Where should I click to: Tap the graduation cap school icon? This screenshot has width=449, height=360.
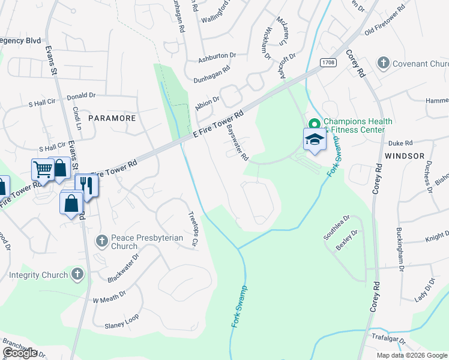[314, 140]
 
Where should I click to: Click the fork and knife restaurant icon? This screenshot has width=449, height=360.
[86, 187]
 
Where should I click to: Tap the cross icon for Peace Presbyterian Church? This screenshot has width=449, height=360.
[101, 241]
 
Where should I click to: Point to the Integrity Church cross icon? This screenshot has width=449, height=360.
[76, 275]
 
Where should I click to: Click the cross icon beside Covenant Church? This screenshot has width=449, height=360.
[382, 63]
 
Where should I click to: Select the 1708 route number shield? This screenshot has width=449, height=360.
[328, 62]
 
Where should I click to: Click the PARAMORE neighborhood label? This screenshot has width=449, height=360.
[112, 118]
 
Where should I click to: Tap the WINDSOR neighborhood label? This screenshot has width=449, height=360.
[396, 156]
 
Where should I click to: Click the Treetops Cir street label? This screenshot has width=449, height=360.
[193, 230]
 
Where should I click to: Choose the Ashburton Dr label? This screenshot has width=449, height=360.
[217, 55]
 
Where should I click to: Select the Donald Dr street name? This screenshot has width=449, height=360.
[81, 95]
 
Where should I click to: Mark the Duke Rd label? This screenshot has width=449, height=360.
[400, 143]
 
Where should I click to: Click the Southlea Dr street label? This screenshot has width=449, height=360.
[337, 228]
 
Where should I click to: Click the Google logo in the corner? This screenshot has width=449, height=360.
[20, 353]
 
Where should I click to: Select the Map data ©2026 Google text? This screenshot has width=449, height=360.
[411, 355]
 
